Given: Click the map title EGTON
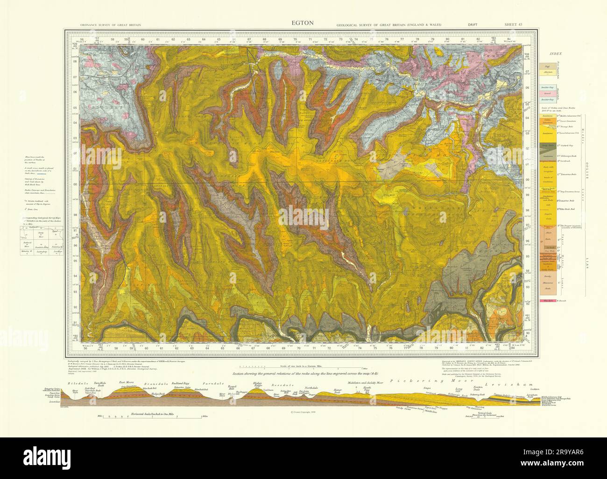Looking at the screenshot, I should point(303,22).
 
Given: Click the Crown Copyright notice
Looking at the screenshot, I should point(303,412).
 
